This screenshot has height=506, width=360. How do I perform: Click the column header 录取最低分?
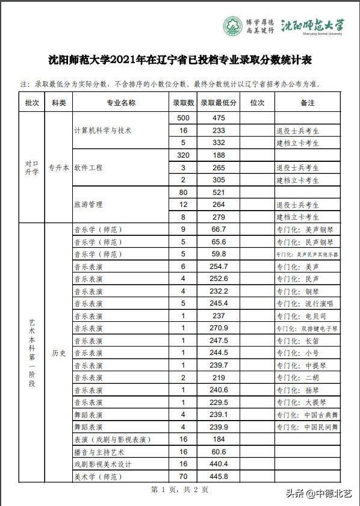point(219,103)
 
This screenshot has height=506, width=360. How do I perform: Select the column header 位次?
point(257,103)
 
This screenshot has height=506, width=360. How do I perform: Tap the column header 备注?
point(307,103)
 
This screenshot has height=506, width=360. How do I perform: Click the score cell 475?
point(219,118)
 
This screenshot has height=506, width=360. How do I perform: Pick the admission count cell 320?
point(183,155)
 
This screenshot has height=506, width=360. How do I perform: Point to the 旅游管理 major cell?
point(88,205)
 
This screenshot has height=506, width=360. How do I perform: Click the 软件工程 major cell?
point(88,168)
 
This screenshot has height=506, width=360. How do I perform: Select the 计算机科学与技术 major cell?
point(102,131)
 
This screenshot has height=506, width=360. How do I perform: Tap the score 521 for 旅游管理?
point(219,193)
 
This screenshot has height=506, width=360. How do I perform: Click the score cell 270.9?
point(219,328)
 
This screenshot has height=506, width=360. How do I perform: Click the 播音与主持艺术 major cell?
point(99,452)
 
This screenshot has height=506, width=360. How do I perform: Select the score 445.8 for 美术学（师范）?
point(219,477)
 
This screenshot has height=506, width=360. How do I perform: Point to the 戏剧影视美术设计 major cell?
point(102,464)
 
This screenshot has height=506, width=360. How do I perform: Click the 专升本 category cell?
point(58,168)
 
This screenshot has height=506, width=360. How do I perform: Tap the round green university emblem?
point(233,26)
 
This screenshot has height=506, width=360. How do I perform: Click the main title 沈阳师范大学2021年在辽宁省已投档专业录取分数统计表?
point(180,60)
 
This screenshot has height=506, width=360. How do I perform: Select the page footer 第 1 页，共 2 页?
point(179,490)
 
